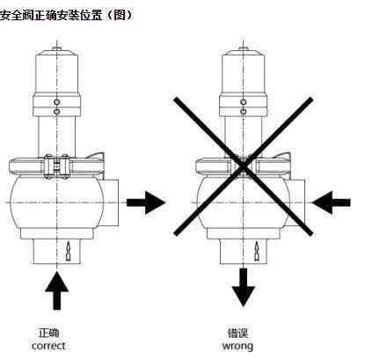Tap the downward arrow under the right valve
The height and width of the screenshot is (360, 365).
click(244, 287)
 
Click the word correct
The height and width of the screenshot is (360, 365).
click(59, 345)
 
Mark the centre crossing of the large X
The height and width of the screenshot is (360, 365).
click(244, 164)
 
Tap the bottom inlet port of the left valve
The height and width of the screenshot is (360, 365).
click(59, 252)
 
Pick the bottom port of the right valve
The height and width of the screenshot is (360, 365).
click(244, 252)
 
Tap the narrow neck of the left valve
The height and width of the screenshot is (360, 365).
click(59, 132)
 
